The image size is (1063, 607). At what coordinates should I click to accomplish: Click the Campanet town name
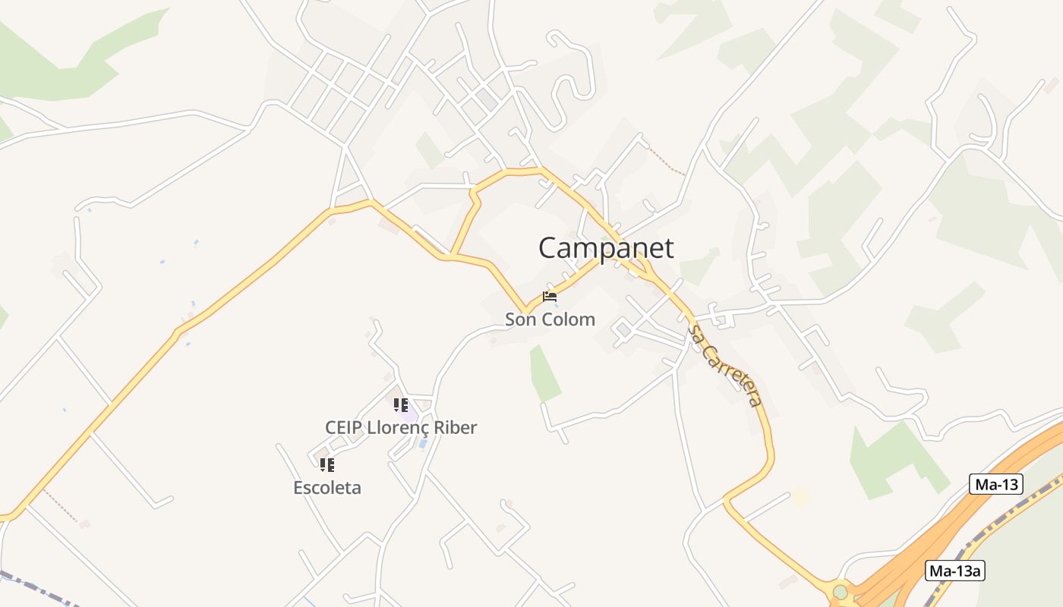tap(605, 248)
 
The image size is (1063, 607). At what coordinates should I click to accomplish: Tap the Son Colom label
tap(550, 319)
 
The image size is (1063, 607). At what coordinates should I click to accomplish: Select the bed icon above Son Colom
tap(550, 297)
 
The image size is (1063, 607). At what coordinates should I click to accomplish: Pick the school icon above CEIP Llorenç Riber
tap(401, 405)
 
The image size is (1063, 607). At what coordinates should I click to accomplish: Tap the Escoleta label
tap(327, 488)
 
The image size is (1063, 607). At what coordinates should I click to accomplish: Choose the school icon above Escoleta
tap(326, 464)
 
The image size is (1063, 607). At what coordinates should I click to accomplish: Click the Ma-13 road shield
tap(995, 484)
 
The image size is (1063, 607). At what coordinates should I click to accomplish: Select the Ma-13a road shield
tap(954, 571)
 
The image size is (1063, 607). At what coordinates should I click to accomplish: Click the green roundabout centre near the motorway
tap(840, 591)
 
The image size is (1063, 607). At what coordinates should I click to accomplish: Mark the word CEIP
tap(344, 428)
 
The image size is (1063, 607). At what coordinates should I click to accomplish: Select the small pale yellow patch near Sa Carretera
tap(800, 498)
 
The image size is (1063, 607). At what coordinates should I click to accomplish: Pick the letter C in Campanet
tap(548, 248)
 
